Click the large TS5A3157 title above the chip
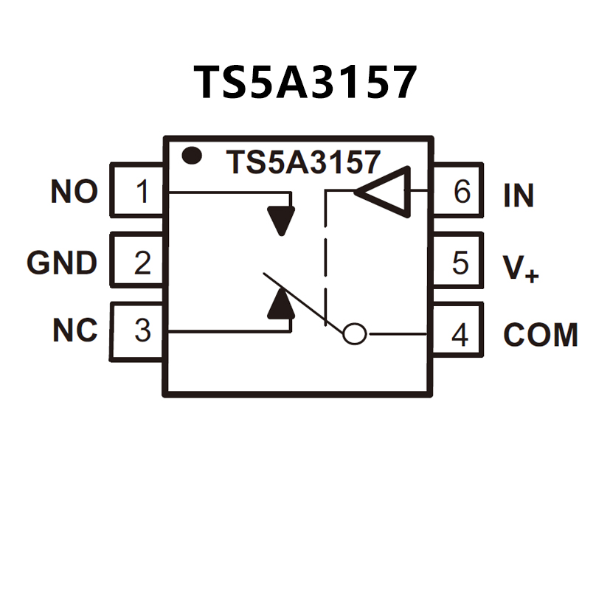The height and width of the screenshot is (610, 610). tap(305, 82)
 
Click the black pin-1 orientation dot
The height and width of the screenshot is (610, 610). tap(193, 155)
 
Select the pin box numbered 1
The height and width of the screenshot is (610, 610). tap(138, 192)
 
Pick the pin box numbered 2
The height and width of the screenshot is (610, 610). tap(138, 262)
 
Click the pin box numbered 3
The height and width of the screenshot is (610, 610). tap(138, 331)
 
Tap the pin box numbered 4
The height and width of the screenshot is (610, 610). tap(458, 334)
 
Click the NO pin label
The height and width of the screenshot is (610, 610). tap(74, 193)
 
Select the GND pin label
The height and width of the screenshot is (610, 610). tap(62, 263)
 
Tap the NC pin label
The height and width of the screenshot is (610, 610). tap(74, 331)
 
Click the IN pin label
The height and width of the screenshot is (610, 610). tap(519, 195)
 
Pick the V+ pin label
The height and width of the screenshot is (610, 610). tap(521, 266)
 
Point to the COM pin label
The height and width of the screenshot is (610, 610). tap(540, 335)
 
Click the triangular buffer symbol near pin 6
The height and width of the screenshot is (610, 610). tap(386, 192)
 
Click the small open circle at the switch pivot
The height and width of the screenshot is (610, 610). tap(355, 334)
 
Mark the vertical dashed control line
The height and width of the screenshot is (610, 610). tap(325, 251)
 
